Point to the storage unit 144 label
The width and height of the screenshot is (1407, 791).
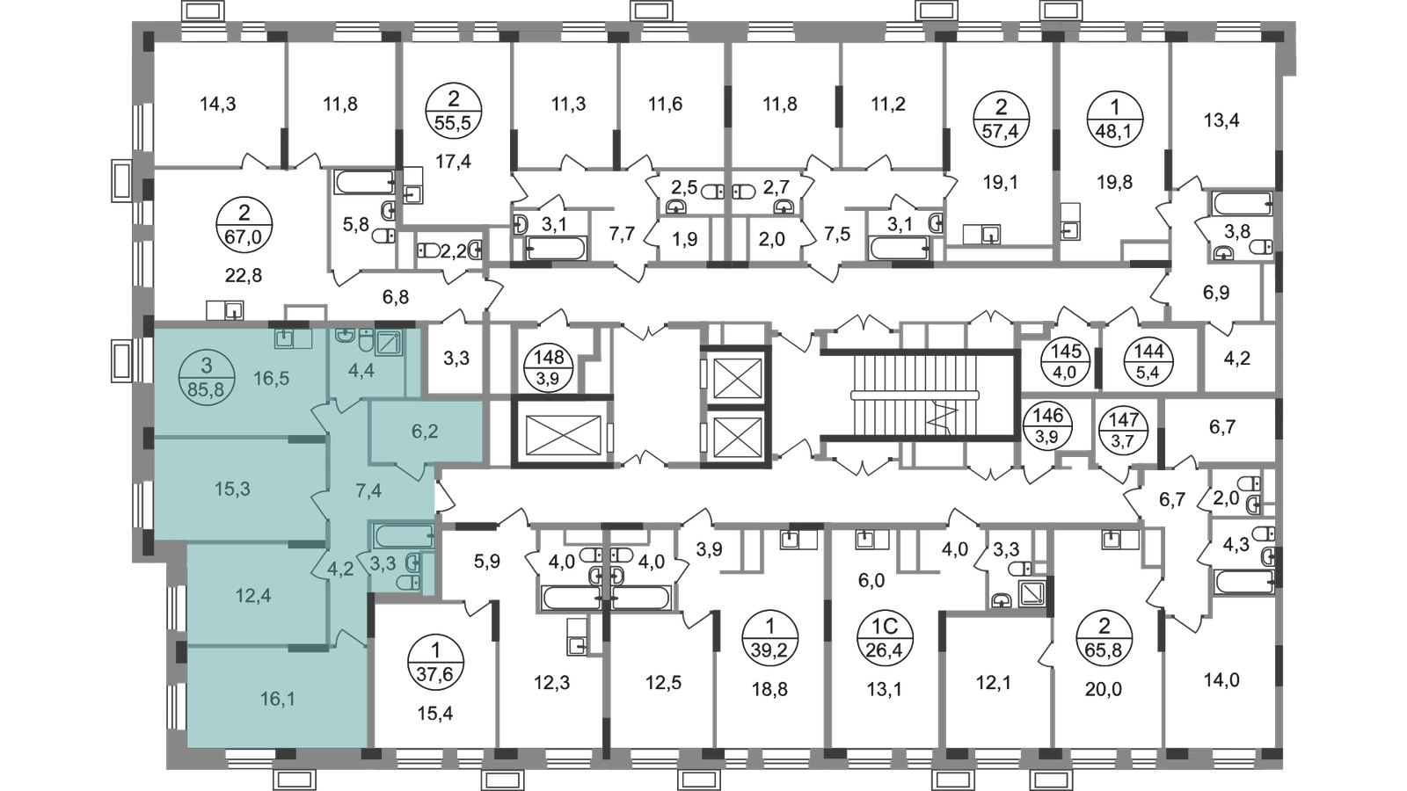click(x=1148, y=361)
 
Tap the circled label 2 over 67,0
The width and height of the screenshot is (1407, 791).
click(x=244, y=224)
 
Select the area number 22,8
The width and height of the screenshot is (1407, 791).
click(x=244, y=274)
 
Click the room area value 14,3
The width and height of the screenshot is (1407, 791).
click(x=218, y=104)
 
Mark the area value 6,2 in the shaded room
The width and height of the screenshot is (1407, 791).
click(x=425, y=432)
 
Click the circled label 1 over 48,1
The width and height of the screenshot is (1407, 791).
click(x=1115, y=120)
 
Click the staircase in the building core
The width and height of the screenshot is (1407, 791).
click(x=917, y=395)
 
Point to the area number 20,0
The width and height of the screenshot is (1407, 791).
click(x=1103, y=690)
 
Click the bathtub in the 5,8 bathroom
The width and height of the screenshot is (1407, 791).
click(x=365, y=182)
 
